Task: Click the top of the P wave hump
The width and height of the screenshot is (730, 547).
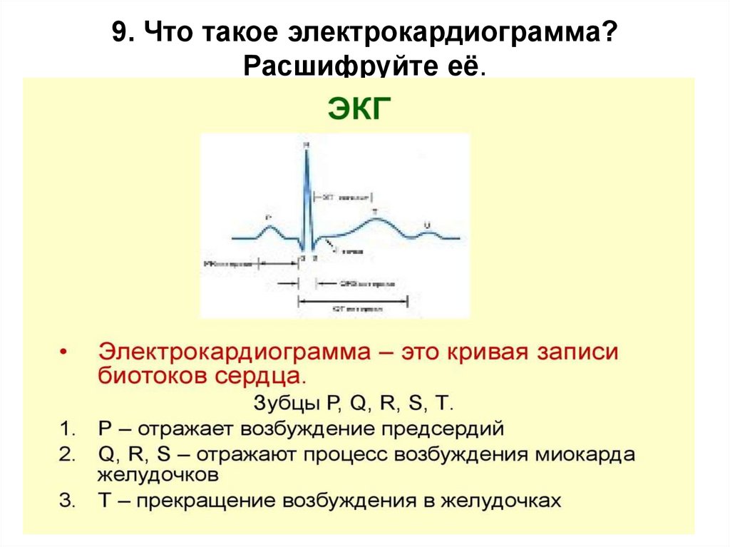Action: click(x=269, y=225)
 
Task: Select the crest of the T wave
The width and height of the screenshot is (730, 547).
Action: click(x=375, y=219)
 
